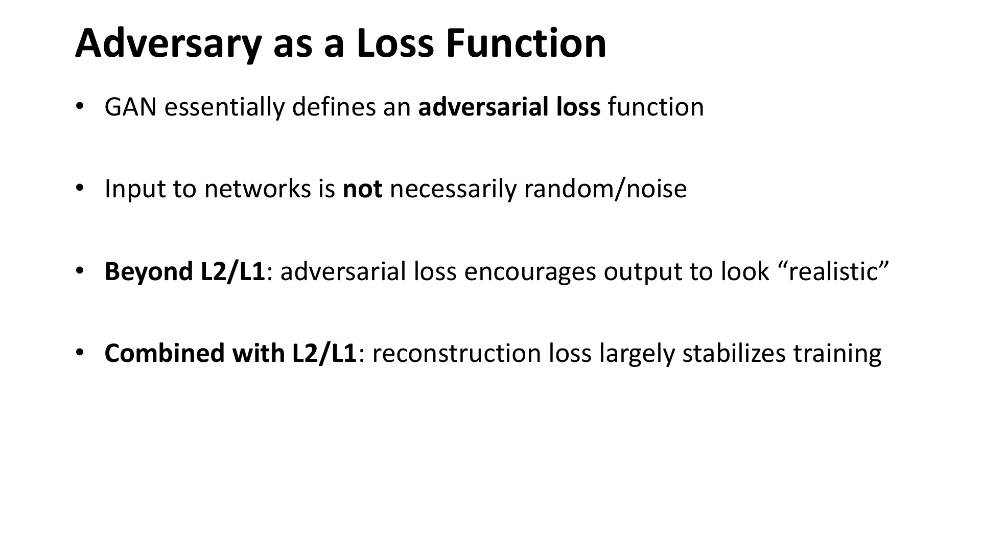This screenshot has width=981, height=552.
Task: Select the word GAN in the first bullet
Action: (130, 107)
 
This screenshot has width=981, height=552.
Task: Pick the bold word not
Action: (363, 190)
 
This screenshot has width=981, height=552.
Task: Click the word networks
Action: (258, 189)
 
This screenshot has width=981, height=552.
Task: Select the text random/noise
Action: (605, 189)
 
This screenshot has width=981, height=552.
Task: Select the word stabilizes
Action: (734, 353)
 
